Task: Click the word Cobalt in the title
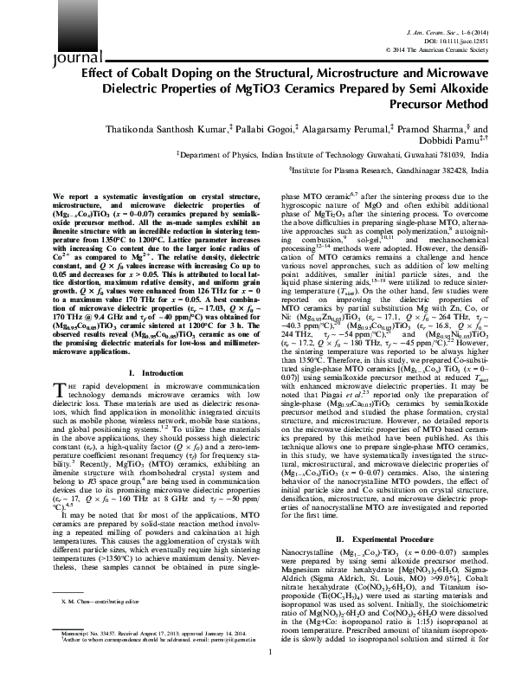[173, 72]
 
